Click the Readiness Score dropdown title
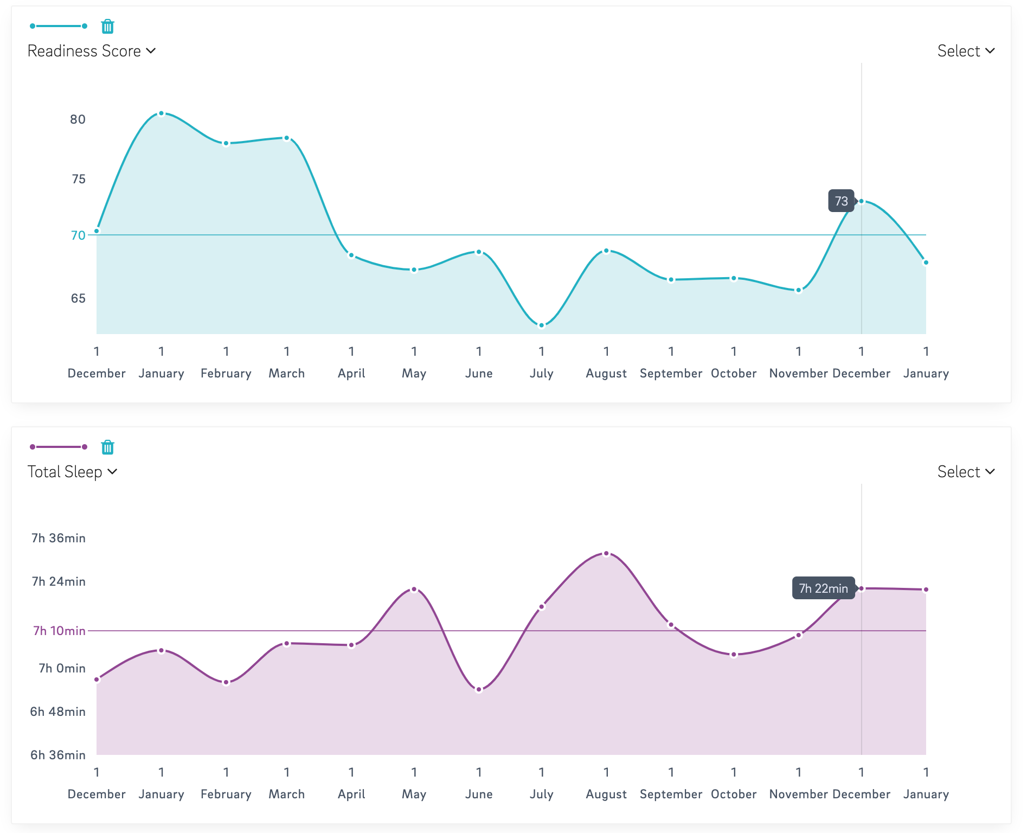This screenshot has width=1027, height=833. tap(92, 51)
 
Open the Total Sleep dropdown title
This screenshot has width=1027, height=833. tap(73, 472)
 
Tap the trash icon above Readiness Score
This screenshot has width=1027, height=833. tap(108, 26)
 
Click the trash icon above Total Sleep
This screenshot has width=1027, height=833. tap(108, 447)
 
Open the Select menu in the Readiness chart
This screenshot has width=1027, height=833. tap(966, 51)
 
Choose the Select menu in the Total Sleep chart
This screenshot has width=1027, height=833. tap(966, 472)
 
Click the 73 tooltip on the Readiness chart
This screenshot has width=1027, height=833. tap(841, 201)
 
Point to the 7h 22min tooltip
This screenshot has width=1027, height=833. tap(823, 588)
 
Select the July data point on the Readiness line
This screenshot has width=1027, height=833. tap(541, 325)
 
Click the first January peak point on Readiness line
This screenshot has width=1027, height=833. tap(161, 113)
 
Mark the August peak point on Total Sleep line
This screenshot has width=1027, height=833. tap(606, 554)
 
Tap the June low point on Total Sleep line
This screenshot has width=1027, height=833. tap(479, 690)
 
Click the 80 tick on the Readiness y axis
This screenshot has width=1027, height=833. tap(78, 119)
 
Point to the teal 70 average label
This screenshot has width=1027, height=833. tap(78, 235)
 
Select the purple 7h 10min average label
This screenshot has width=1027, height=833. tap(59, 631)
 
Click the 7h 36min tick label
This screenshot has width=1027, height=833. tap(59, 538)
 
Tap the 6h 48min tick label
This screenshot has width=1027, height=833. tap(58, 712)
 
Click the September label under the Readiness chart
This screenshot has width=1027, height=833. tap(671, 374)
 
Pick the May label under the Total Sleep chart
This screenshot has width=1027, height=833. tap(414, 794)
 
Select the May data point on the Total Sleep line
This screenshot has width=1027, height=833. tap(414, 589)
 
